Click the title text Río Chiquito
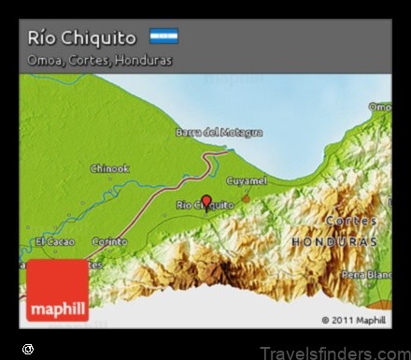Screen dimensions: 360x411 tap(82, 37)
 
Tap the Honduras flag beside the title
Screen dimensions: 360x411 tap(163, 36)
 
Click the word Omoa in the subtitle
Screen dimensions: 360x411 tap(44, 60)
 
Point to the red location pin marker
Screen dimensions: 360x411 tap(206, 200)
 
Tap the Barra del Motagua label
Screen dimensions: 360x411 tap(219, 133)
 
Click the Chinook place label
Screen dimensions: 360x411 tap(109, 168)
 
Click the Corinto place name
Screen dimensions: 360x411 tap(109, 241)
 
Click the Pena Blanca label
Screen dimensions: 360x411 tap(366, 275)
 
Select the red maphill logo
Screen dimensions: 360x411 tap(58, 291)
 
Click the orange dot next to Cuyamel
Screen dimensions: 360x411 tap(247, 197)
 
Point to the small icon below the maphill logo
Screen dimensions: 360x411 tap(28, 349)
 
